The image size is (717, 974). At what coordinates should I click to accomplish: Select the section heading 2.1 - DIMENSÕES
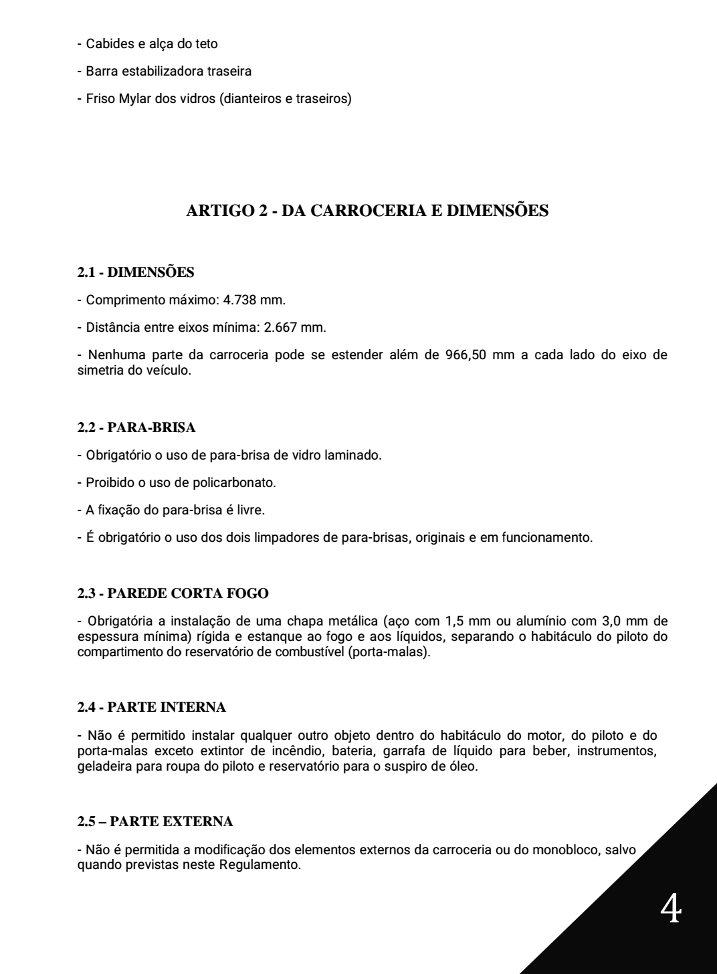[136, 272]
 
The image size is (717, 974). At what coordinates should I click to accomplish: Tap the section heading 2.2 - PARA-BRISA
[136, 427]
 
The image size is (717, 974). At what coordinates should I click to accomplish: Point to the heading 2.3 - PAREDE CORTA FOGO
[173, 593]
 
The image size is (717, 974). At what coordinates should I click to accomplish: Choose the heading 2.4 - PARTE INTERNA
[152, 707]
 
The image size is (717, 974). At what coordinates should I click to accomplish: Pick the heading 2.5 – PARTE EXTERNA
[155, 821]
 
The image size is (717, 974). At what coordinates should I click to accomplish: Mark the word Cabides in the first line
[106, 44]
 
